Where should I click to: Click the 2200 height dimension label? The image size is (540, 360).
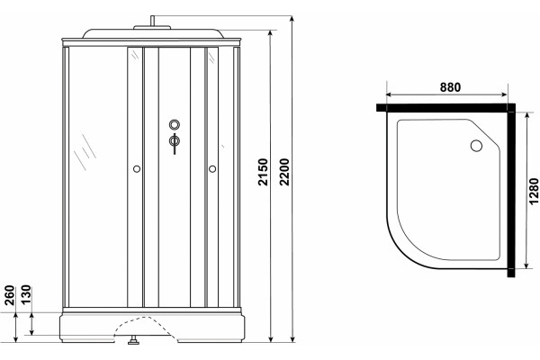(x=284, y=172)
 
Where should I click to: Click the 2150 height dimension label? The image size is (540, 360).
(x=264, y=172)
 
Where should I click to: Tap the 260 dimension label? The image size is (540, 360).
(x=10, y=295)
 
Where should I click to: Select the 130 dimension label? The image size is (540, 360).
(x=26, y=294)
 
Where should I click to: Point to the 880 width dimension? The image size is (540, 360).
(x=450, y=87)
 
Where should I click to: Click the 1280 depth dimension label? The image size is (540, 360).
(x=534, y=191)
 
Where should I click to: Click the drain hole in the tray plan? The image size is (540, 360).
(x=477, y=146)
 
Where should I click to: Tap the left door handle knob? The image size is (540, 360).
(x=137, y=169)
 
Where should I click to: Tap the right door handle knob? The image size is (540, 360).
(x=212, y=169)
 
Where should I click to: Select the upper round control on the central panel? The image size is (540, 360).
(x=175, y=124)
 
